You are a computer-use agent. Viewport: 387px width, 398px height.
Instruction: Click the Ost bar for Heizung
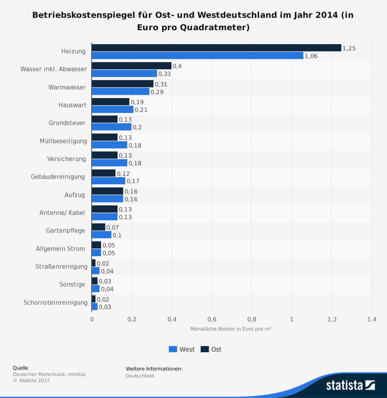(216, 48)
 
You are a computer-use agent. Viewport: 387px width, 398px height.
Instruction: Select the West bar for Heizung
(197, 56)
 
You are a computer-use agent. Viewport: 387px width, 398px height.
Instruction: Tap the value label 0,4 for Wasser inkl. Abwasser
(177, 66)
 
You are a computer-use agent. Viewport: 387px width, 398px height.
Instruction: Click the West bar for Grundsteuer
(111, 127)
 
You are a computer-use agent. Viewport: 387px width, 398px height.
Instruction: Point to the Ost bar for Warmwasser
(123, 84)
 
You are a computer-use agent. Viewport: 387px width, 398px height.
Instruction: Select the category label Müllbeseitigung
(63, 141)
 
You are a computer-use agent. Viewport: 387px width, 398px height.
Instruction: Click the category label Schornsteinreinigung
(55, 302)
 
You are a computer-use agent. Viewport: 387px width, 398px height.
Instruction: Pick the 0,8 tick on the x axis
(251, 319)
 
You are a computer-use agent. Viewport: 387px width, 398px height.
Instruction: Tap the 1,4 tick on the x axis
(371, 319)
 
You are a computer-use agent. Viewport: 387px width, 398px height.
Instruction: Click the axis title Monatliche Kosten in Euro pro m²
(231, 329)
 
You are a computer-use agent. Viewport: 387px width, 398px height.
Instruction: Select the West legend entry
(182, 349)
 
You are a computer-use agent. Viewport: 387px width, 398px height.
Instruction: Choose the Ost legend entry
(211, 349)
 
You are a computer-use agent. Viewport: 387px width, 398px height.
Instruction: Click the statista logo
(350, 385)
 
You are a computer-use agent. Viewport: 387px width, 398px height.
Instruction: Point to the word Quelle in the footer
(21, 368)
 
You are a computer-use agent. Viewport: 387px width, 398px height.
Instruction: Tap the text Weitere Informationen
(154, 369)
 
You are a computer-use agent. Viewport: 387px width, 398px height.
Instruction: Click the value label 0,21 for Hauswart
(141, 110)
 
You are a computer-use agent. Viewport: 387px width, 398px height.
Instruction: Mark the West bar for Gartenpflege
(101, 235)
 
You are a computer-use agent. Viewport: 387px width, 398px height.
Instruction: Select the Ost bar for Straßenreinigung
(93, 263)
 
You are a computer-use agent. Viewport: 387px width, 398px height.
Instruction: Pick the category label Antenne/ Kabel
(62, 213)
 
